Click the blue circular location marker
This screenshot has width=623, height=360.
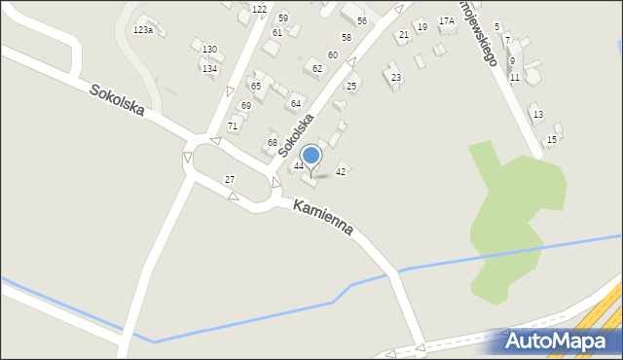coord(311,155)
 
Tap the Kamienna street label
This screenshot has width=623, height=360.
coord(322,219)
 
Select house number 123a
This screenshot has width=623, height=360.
coord(143,30)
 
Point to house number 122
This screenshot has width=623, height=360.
coord(259,9)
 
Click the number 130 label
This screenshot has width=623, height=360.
coord(209,49)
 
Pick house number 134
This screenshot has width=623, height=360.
coord(209,68)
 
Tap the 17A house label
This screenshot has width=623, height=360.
coord(446,20)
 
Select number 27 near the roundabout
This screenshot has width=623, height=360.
coord(230,179)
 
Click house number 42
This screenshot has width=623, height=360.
coord(341,171)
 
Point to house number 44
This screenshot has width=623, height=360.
coord(299,166)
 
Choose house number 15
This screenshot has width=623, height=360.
coord(552,140)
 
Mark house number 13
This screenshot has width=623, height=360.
coord(538,114)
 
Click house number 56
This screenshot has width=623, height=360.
coord(361,20)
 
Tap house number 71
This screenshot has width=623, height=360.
coord(233,126)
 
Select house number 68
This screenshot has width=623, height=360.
coord(273,143)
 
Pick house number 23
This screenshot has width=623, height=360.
coord(395,77)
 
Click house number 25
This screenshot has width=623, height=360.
coord(351,87)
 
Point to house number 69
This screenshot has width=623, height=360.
coord(246,105)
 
